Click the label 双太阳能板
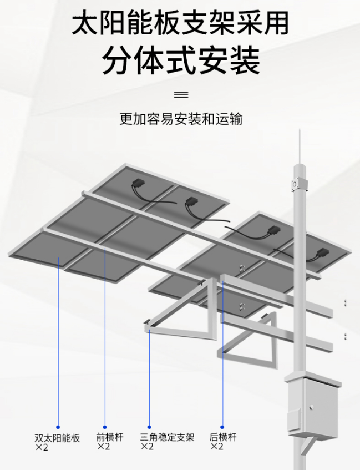57,438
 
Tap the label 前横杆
110,437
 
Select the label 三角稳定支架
168,437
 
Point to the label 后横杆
223,437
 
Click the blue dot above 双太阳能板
58,427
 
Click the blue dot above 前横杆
105,427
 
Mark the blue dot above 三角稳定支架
149,427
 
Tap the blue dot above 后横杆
222,427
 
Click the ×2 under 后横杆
217,447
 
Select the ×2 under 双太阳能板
42,447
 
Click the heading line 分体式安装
181,60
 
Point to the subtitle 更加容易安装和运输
181,119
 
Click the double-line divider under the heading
181,95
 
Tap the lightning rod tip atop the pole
300,129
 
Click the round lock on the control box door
312,407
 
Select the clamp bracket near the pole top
299,184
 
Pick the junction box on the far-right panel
321,253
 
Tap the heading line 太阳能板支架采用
180,23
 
